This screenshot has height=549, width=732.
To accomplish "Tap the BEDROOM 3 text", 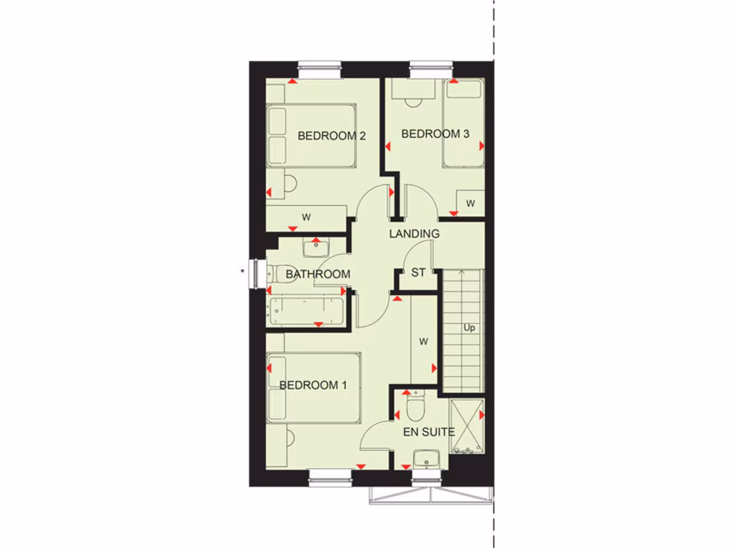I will click(435, 134).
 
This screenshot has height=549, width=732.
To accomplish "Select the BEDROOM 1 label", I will click(313, 385).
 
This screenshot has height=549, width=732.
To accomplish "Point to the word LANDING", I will click(414, 234).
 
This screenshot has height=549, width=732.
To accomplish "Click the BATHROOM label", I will click(317, 274).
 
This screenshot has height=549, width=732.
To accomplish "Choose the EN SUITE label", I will click(429, 432).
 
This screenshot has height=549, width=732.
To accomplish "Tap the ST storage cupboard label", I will click(418, 272).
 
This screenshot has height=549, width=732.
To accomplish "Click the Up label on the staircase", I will click(469, 328).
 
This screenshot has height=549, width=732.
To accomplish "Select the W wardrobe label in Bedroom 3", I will click(470, 204).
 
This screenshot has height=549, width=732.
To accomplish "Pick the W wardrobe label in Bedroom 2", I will click(306, 217).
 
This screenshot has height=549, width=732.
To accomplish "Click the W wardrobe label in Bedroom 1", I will click(423, 341).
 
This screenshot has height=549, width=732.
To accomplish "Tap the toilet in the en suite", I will click(415, 408).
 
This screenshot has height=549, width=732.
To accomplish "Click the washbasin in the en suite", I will click(427, 458).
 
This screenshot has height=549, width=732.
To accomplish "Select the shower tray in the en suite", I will click(467, 427).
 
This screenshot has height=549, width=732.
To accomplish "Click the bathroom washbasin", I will click(315, 248).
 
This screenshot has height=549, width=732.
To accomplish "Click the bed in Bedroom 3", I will click(463, 123).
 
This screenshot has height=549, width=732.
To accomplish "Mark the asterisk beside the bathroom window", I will click(243, 271).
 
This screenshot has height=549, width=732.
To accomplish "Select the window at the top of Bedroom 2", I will click(320, 69).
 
